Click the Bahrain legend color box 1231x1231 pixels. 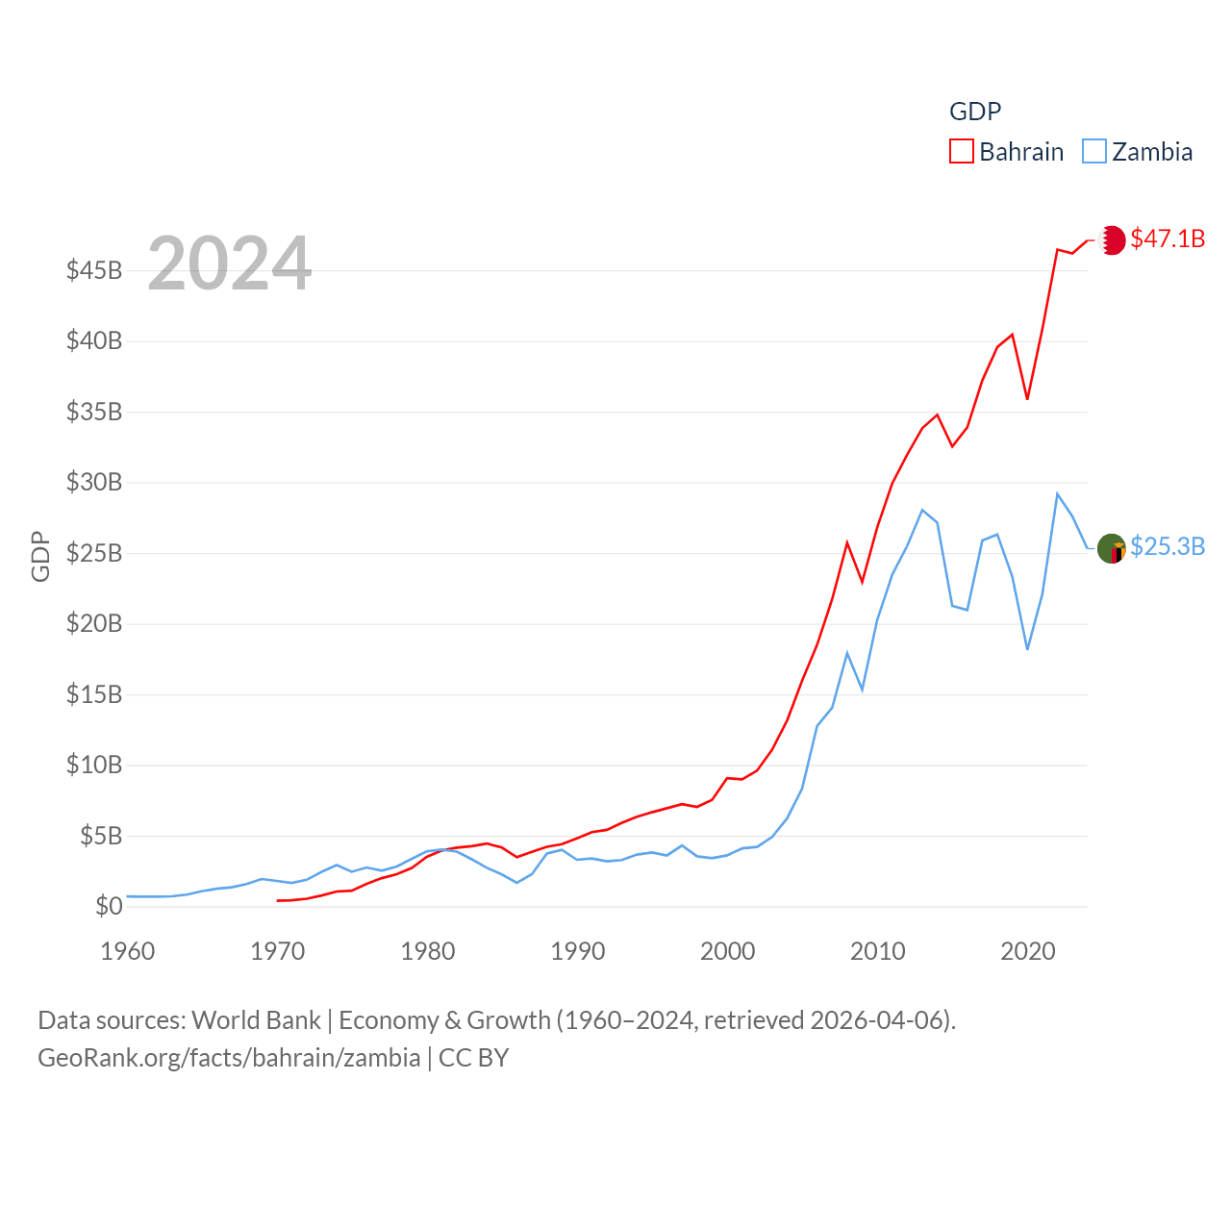[961, 152]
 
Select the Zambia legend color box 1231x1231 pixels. [1093, 152]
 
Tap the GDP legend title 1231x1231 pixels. [975, 112]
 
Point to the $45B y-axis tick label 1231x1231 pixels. [94, 270]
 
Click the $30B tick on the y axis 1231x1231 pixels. [94, 482]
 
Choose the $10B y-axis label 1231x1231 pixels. [94, 765]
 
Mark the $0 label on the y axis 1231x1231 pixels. [109, 906]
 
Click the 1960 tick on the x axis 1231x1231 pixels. [128, 951]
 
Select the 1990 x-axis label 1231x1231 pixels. [578, 951]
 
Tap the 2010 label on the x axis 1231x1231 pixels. [878, 951]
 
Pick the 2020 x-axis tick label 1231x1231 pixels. [1028, 951]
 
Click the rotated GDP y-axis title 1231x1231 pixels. [40, 556]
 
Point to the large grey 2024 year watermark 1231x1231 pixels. [230, 263]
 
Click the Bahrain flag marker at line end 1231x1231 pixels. [1112, 239]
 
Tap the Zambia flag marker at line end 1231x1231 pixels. [1112, 548]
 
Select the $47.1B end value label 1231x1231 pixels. [1168, 239]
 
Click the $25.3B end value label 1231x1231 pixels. [1168, 546]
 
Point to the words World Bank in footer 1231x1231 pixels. [256, 1019]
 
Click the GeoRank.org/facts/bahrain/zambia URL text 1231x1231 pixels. [229, 1058]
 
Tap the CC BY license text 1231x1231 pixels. [473, 1058]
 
